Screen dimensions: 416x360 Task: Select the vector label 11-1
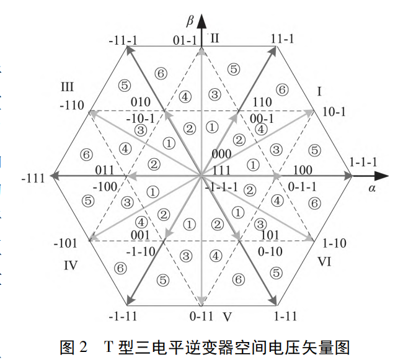pos(282,38)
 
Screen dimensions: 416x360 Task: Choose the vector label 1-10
pos(335,244)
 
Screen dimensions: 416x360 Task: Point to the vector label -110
pos(73,106)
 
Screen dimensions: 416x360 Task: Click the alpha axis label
pos(372,189)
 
